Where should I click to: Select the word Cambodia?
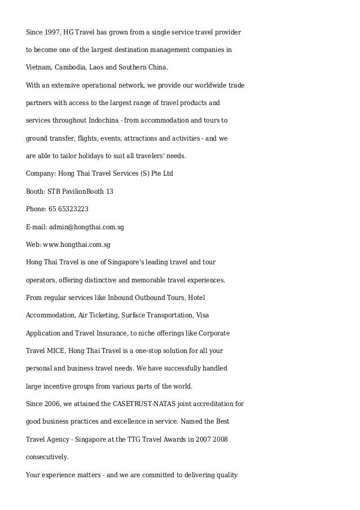pyautogui.click(x=70, y=68)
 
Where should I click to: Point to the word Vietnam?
pyautogui.click(x=38, y=68)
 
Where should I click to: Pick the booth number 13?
pyautogui.click(x=109, y=191)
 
